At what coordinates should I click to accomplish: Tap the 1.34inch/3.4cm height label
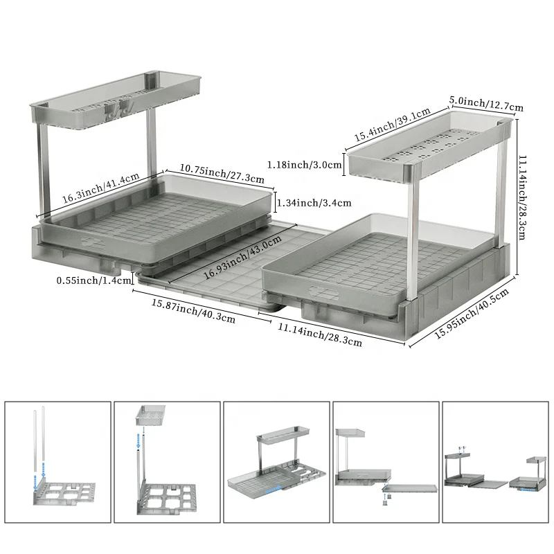point(314,203)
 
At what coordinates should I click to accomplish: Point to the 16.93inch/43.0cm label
point(242,256)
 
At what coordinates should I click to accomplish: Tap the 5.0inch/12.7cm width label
point(486,104)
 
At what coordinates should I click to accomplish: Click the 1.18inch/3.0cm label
point(305,165)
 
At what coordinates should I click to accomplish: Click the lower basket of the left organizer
point(152,215)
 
